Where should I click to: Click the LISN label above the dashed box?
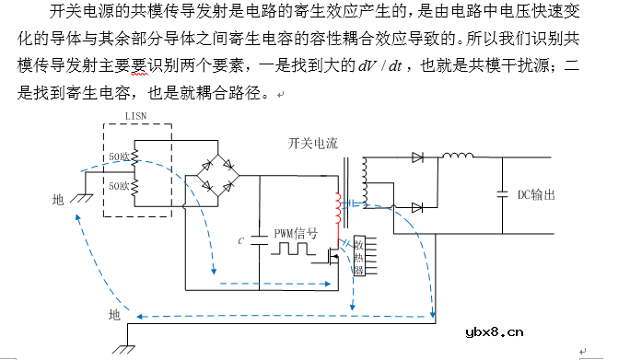pyautogui.click(x=137, y=116)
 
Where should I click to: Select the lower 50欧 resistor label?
pyautogui.click(x=119, y=186)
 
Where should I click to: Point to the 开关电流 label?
pyautogui.click(x=314, y=144)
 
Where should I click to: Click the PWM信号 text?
pyautogui.click(x=296, y=234)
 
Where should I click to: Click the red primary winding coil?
pyautogui.click(x=338, y=210)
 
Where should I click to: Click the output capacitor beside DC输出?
pyautogui.click(x=502, y=194)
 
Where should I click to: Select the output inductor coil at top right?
pyautogui.click(x=458, y=158)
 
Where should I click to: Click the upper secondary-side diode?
pyautogui.click(x=417, y=158)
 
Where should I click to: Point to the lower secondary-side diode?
pyautogui.click(x=417, y=207)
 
